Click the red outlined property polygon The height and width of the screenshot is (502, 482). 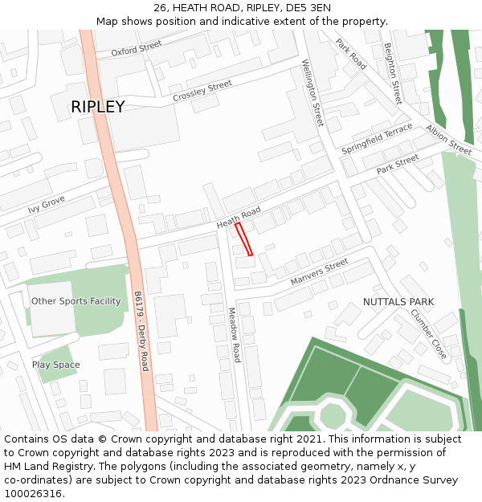[x=243, y=239]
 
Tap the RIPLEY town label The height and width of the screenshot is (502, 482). [x=98, y=107]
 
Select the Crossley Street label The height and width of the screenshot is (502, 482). [x=202, y=91]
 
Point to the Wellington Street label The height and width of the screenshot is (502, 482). [x=312, y=92]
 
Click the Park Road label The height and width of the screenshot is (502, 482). [x=351, y=54]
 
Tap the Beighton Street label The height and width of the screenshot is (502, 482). [x=393, y=74]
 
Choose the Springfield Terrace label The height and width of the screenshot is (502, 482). [x=376, y=139]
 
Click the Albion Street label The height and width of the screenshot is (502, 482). [x=449, y=139]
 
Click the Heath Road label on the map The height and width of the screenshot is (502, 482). [x=239, y=216]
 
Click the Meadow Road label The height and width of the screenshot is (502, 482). [x=233, y=334]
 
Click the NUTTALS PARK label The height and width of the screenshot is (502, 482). [x=398, y=302]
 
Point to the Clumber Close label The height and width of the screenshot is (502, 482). [x=428, y=333]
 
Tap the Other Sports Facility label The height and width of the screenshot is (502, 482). [x=76, y=301]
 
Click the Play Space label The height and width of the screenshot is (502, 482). [x=56, y=365]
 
